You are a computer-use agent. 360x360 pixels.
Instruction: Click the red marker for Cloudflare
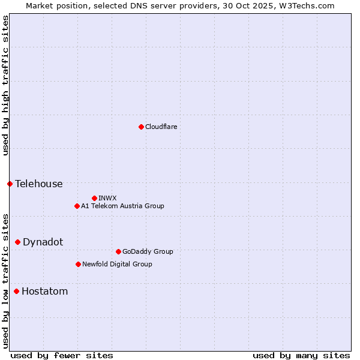(x=141, y=127)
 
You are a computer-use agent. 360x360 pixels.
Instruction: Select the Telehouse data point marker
(x=10, y=184)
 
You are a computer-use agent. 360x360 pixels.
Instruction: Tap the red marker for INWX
(x=94, y=198)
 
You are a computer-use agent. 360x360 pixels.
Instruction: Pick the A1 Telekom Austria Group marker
(x=77, y=206)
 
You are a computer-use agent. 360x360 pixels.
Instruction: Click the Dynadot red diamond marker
(x=17, y=242)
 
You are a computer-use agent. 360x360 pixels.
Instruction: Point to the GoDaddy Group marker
(x=118, y=251)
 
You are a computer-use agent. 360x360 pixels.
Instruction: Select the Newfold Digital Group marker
(x=78, y=264)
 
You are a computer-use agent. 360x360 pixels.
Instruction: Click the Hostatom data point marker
(x=16, y=292)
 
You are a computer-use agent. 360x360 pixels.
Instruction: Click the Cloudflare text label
(x=161, y=127)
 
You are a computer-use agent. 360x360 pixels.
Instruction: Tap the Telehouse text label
(x=39, y=184)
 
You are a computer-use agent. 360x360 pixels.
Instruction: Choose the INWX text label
(x=107, y=198)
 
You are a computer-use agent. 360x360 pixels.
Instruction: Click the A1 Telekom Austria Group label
(x=122, y=206)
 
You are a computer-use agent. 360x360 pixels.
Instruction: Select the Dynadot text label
(x=43, y=242)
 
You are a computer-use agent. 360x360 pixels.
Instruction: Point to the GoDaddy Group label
(x=148, y=251)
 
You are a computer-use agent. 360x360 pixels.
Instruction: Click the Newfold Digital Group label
(x=117, y=264)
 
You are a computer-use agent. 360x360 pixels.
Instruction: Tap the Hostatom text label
(x=44, y=292)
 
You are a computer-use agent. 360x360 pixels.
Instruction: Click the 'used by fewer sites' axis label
(x=62, y=355)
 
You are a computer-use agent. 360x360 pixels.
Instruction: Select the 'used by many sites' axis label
(x=301, y=355)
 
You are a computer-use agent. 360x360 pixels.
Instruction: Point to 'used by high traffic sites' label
(x=5, y=85)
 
